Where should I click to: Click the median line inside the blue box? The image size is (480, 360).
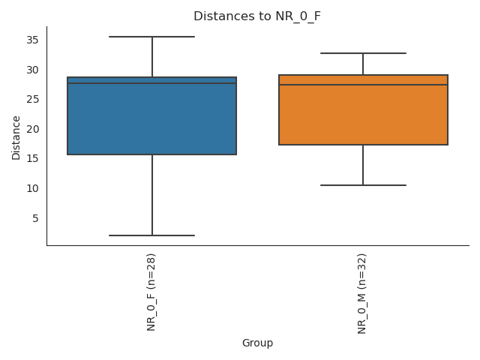click(x=152, y=83)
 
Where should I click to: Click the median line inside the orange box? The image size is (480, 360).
click(x=363, y=85)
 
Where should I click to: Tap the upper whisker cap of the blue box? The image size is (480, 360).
click(x=152, y=37)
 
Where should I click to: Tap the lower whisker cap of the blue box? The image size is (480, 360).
click(x=152, y=235)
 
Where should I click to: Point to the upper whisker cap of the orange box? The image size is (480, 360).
click(x=363, y=53)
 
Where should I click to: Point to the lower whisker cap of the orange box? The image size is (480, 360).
click(x=363, y=185)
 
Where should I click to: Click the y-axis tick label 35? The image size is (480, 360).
click(x=33, y=40)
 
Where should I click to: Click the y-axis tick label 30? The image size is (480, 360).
click(x=33, y=70)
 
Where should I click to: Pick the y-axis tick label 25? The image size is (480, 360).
click(x=33, y=100)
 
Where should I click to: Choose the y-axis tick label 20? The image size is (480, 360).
click(x=33, y=129)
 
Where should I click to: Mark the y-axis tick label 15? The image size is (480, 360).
click(x=33, y=159)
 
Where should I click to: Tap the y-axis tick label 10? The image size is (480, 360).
click(x=33, y=188)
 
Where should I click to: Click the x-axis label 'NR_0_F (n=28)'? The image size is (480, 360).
click(x=152, y=292)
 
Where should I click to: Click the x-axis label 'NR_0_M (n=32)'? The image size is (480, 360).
click(x=363, y=293)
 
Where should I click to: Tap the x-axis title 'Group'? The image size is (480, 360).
click(x=257, y=343)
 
